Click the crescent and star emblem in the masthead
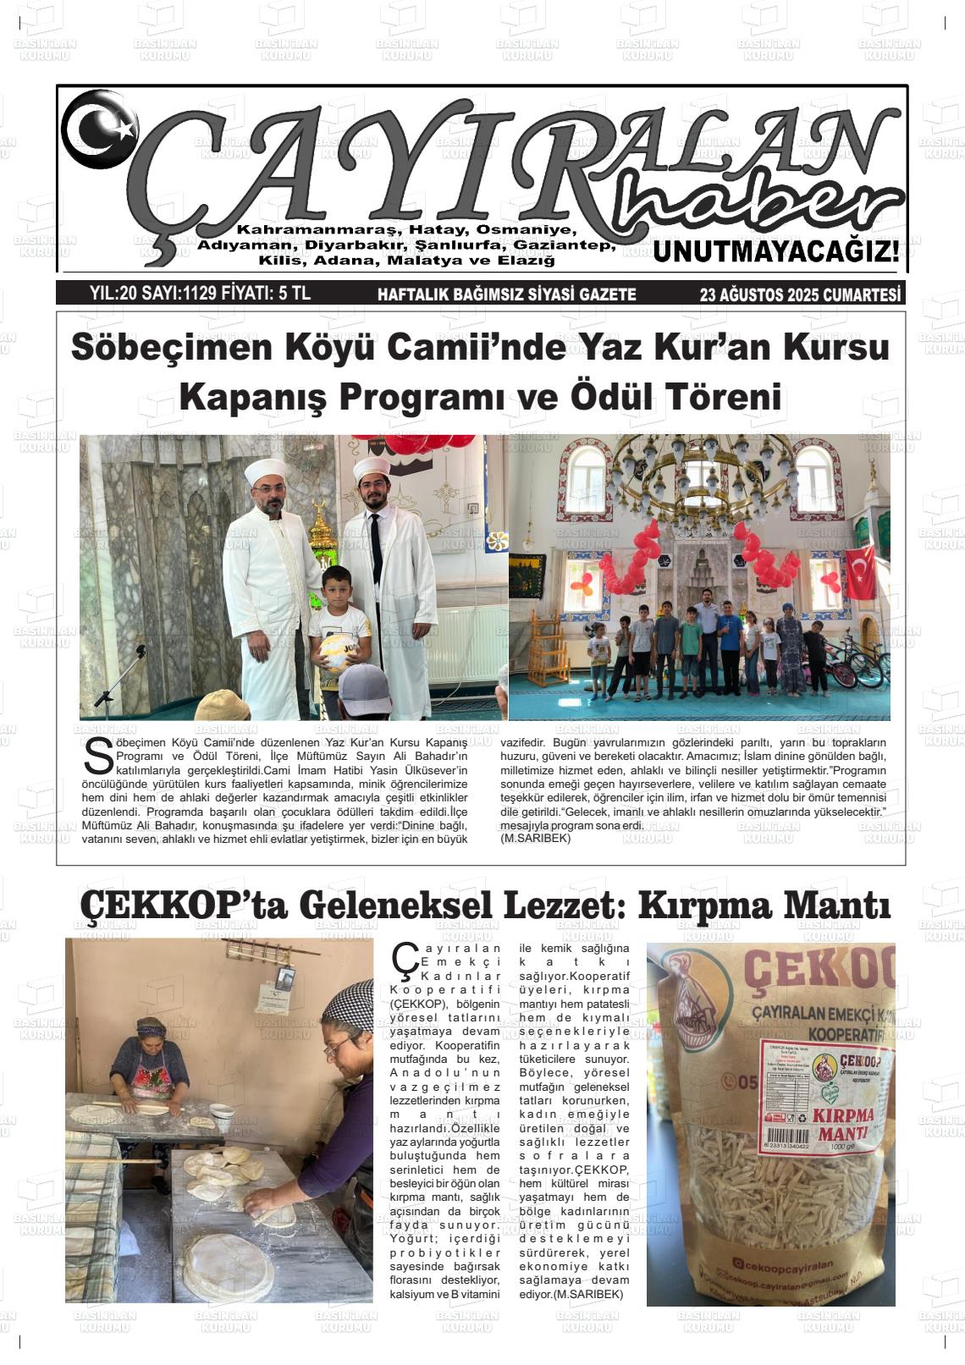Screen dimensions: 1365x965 click(x=100, y=128)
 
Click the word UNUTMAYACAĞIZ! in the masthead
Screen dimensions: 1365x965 click(x=775, y=251)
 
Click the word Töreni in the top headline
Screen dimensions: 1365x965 click(x=722, y=396)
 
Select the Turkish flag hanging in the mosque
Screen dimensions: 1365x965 click(x=859, y=573)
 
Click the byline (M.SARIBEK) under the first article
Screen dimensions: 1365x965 click(x=536, y=838)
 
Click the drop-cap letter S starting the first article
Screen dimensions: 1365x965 click(x=98, y=756)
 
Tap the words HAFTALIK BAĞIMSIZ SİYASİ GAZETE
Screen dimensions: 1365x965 click(x=506, y=294)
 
